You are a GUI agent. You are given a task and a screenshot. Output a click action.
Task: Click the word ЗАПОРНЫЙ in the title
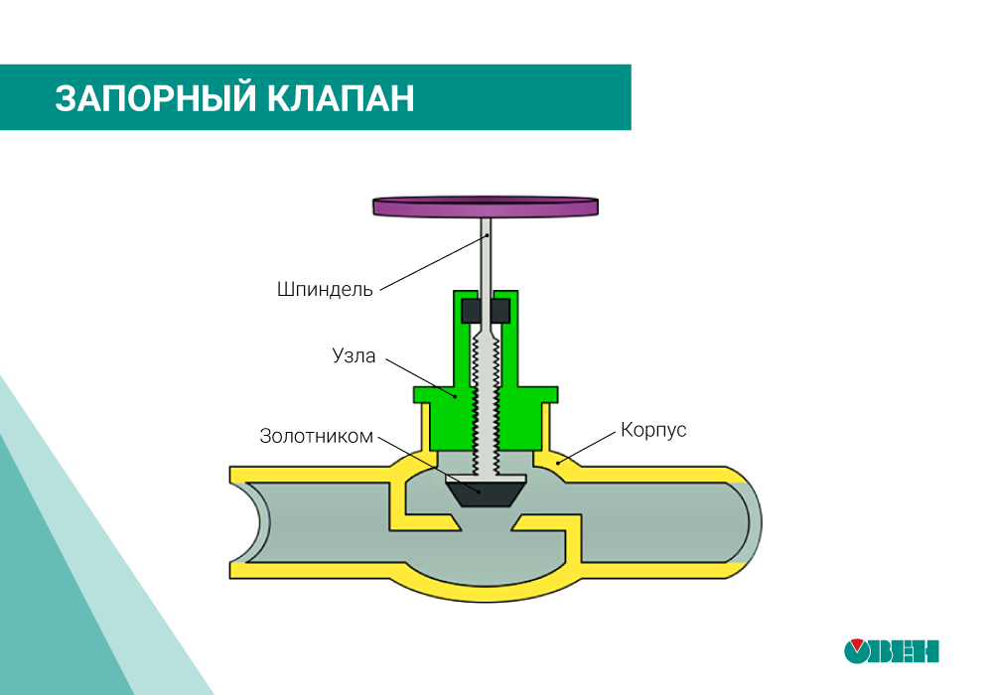point(156,98)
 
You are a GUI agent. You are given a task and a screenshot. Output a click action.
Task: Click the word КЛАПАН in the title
point(342,98)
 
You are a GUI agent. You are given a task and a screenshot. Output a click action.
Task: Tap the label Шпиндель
point(325,289)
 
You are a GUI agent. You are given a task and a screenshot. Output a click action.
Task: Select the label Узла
point(354,355)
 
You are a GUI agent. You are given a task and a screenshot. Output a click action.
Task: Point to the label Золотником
point(316,436)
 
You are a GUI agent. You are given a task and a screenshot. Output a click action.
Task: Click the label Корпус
point(653,430)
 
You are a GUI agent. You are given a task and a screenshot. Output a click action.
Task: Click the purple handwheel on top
point(486,207)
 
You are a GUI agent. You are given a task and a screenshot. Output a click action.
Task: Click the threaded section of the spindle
point(486,405)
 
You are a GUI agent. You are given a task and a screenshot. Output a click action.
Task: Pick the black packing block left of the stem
point(471,311)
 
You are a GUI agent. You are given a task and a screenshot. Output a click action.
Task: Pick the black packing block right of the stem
point(500,311)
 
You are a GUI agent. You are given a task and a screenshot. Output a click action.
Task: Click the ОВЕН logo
point(891,650)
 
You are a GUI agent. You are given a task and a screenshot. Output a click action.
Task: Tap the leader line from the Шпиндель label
point(434,263)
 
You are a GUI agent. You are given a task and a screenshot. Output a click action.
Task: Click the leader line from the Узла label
point(420,378)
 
